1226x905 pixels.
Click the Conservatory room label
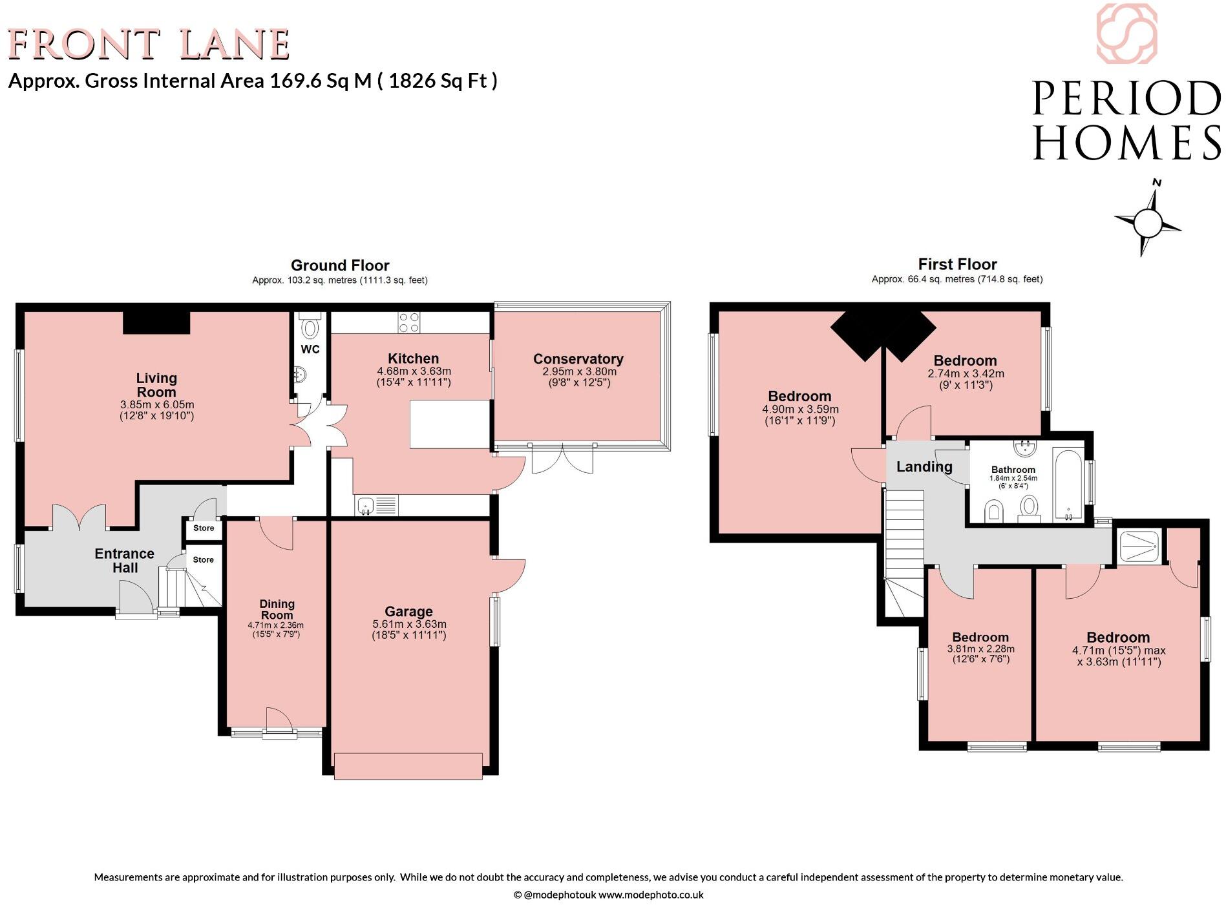click(578, 359)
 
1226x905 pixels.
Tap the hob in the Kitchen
click(408, 322)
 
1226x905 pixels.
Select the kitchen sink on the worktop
click(377, 505)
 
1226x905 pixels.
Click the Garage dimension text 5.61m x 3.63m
click(409, 624)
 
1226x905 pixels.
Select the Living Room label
click(156, 385)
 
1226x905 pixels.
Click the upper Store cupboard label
click(204, 528)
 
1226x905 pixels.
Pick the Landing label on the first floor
click(924, 466)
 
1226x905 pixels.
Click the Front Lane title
click(148, 44)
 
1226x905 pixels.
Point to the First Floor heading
click(957, 264)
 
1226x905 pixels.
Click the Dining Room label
click(277, 609)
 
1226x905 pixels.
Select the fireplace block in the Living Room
click(156, 322)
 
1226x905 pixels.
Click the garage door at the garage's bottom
click(408, 765)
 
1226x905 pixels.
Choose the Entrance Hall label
click(125, 561)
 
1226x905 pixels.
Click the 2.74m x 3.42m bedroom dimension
click(966, 374)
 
